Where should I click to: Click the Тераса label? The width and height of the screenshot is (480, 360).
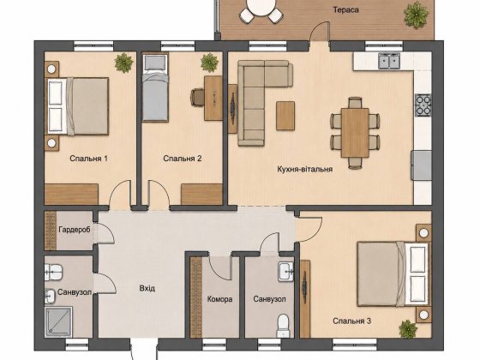[x=345, y=9]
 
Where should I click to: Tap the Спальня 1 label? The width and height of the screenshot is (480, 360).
[x=88, y=159]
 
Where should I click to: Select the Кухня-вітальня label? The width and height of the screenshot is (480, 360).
[x=304, y=169]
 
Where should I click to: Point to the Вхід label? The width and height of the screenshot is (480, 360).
[x=147, y=288]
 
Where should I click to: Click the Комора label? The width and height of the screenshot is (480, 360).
[x=219, y=299]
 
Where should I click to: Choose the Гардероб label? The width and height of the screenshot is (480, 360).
[x=75, y=230]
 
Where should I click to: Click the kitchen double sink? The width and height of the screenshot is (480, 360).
[x=389, y=61]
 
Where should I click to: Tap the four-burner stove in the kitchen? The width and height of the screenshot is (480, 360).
[x=423, y=105]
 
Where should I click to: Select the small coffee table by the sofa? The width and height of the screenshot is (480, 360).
[x=285, y=116]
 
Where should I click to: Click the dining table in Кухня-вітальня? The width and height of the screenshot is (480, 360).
[x=355, y=133]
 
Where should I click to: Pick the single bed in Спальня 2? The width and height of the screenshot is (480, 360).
[x=155, y=88]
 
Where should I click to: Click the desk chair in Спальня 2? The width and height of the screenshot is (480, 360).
[x=197, y=97]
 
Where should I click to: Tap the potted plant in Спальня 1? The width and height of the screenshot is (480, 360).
[x=123, y=63]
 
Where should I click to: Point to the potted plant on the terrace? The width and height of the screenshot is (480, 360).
[x=416, y=15]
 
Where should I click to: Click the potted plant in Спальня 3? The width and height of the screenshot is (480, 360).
[x=408, y=329]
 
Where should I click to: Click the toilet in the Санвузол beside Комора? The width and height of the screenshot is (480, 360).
[x=283, y=326]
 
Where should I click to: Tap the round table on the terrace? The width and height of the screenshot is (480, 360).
[x=261, y=6]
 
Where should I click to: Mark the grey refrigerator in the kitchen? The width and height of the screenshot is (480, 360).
[x=422, y=165]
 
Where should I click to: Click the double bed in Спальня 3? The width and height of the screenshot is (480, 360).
[x=393, y=274]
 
